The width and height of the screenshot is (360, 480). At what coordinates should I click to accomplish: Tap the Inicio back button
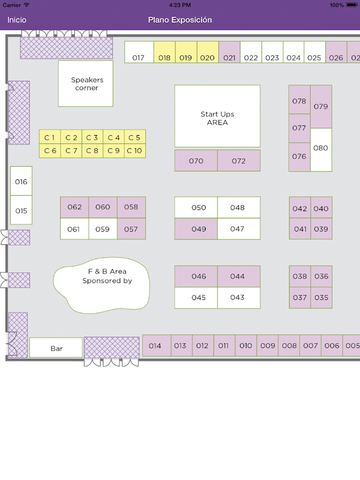coord(17,20)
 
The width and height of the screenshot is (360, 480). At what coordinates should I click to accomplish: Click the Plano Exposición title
coord(180,20)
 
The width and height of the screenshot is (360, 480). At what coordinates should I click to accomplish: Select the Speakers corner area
coord(86,83)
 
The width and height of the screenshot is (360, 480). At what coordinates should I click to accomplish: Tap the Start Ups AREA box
coord(217,116)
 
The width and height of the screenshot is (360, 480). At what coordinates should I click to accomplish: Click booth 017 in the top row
coord(139,52)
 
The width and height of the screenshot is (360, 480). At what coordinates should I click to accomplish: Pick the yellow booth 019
coord(186,52)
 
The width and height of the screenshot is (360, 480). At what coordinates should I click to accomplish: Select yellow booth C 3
coord(92,137)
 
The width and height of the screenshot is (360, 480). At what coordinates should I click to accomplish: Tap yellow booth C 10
coord(134,151)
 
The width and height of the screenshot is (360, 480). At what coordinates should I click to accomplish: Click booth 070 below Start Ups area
coord(196,160)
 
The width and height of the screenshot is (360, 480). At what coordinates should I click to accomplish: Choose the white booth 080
coord(321,149)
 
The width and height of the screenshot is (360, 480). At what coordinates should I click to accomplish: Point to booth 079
coord(321,107)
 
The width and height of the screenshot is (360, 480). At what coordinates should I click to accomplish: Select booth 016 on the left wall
coord(21,181)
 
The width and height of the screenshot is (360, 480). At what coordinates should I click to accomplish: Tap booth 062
coord(74,207)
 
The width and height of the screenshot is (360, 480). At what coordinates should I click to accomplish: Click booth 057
coord(131,229)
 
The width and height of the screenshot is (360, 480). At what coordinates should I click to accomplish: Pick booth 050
coord(196,207)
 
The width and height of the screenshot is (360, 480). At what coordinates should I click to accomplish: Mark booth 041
coord(300,229)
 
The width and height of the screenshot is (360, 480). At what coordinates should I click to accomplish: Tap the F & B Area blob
coord(102,285)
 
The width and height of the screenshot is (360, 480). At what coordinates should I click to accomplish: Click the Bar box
coord(56,347)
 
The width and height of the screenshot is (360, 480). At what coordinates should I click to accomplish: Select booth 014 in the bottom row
coord(157,346)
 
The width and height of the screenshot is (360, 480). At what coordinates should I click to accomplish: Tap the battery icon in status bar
coord(352,5)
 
